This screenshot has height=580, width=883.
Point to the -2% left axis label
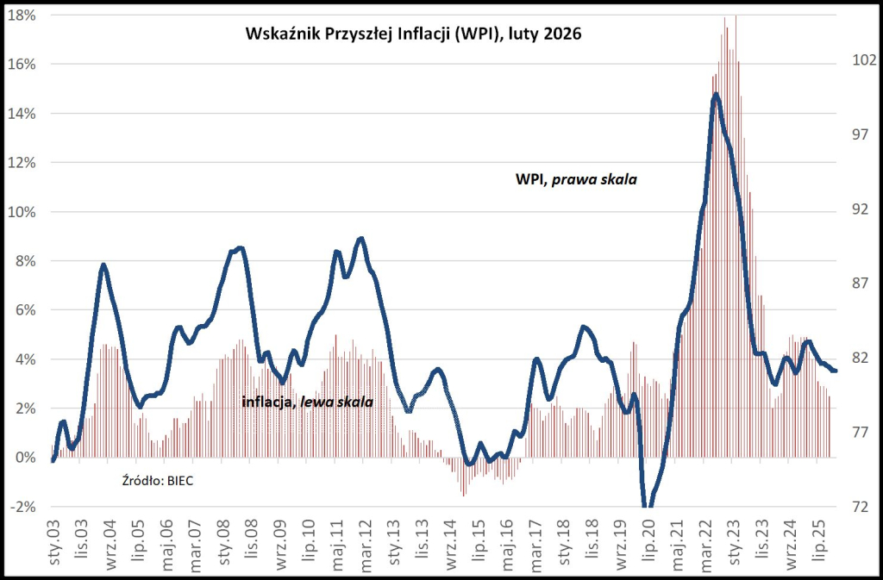pyautogui.click(x=22, y=507)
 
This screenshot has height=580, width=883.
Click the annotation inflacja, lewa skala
pyautogui.click(x=308, y=402)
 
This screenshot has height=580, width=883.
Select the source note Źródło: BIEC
pyautogui.click(x=160, y=481)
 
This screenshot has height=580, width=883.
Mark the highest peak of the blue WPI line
pyautogui.click(x=716, y=94)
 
